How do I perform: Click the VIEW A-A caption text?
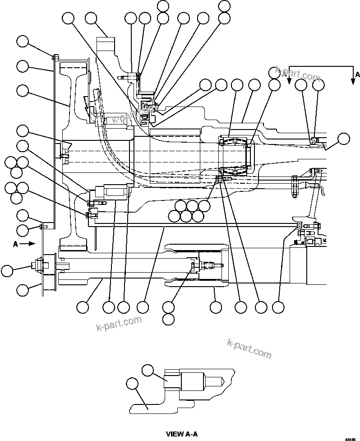click(182, 434)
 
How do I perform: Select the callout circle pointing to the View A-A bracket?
click(133, 384)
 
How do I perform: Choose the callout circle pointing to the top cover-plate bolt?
click(23, 42)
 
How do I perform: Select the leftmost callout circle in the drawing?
click(6, 271)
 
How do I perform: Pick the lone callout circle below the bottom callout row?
click(168, 319)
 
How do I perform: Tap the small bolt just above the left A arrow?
click(42, 226)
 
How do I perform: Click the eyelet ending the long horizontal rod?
click(299, 224)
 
